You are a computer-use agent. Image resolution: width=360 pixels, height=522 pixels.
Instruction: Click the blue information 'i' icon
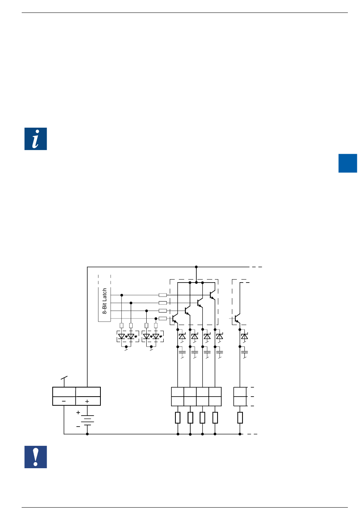click(x=36, y=139)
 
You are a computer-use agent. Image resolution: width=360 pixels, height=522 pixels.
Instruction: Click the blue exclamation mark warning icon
click(x=36, y=457)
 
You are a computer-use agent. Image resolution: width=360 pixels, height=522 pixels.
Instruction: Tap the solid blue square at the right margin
click(x=347, y=163)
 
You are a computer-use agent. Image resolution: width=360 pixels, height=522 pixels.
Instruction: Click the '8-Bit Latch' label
click(x=105, y=301)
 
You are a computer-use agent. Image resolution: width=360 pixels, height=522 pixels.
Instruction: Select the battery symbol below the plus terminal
click(x=88, y=420)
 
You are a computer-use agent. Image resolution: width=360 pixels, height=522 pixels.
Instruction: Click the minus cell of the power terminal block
click(x=64, y=401)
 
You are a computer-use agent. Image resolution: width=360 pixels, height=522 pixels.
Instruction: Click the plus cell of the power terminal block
click(x=88, y=401)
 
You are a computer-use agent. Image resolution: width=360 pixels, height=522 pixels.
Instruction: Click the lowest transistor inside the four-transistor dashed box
click(x=174, y=319)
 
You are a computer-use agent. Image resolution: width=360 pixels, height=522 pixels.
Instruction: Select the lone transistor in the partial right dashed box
click(x=237, y=319)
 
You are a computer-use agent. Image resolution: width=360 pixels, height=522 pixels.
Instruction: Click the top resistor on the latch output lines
click(x=163, y=295)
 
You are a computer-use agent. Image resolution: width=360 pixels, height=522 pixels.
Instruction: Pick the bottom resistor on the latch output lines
click(x=163, y=319)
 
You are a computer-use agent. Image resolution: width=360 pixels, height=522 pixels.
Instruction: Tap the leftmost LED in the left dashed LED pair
click(x=122, y=336)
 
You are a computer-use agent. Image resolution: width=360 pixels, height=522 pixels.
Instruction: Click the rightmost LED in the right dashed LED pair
click(x=156, y=336)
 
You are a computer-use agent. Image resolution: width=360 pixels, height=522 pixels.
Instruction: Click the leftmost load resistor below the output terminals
click(x=178, y=417)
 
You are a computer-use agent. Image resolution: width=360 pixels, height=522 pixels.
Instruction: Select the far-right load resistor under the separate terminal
click(x=240, y=417)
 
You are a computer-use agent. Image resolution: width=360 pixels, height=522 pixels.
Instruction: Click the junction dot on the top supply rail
click(x=196, y=267)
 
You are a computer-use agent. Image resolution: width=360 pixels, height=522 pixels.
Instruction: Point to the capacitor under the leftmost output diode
click(x=182, y=353)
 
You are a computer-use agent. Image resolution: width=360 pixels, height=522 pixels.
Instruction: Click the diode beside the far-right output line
click(x=244, y=336)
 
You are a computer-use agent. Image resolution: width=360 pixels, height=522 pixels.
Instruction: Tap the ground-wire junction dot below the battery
click(x=88, y=434)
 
